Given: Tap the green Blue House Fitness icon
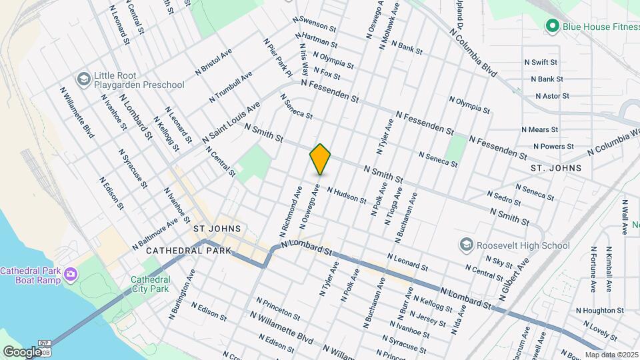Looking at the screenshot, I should click(551, 26).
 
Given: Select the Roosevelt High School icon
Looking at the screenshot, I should click(466, 245).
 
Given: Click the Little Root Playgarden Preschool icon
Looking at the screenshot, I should click(83, 79).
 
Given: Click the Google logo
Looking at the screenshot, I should click(22, 351).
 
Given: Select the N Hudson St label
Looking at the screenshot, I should click(347, 195).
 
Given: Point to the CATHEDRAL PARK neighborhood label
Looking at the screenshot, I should click(188, 250).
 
